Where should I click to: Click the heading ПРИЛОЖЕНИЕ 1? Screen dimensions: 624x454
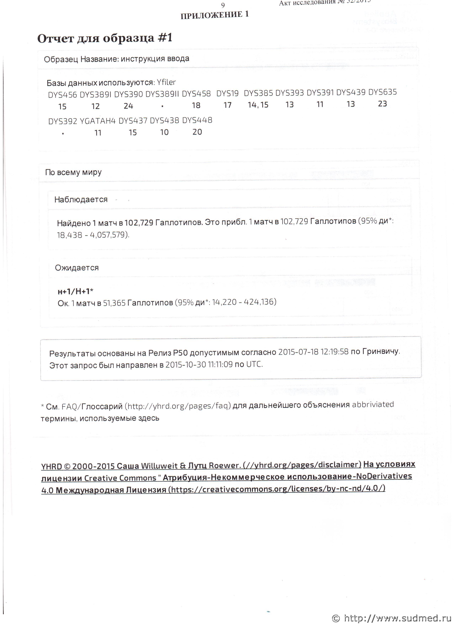[215, 15]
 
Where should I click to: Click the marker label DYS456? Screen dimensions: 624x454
[62, 95]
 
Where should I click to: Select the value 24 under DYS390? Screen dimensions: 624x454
[128, 106]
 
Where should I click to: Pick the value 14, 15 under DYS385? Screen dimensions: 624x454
[258, 105]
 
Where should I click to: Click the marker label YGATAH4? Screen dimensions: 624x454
[97, 121]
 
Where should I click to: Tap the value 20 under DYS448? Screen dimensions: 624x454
[197, 132]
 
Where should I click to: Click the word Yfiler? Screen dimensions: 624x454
[166, 82]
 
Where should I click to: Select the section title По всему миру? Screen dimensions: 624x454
[73, 172]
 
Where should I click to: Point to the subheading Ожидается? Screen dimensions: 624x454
[77, 268]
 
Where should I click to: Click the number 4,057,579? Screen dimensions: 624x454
[109, 235]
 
